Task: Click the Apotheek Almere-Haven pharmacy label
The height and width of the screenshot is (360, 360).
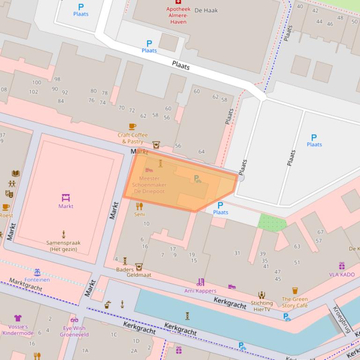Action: point(178,15)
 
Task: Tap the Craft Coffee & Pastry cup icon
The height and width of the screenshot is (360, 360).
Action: point(132,127)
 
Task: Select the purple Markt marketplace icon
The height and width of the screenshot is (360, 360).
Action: point(66,198)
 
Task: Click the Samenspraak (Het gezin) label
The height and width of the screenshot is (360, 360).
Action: point(64,246)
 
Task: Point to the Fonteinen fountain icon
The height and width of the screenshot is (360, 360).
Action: point(37,272)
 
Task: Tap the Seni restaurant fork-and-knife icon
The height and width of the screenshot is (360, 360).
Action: point(139,206)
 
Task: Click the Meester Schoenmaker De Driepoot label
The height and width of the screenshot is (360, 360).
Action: point(149,185)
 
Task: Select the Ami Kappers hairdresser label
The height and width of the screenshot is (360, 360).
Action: point(200,291)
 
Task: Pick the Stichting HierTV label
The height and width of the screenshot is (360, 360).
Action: point(262,306)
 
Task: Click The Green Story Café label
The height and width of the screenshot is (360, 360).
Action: point(294,302)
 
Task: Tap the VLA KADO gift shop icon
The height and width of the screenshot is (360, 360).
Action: point(342,266)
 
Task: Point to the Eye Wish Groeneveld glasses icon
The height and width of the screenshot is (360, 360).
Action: point(74,320)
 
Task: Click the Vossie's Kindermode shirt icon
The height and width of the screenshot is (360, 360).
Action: point(18,318)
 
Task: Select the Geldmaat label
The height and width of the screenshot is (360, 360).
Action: point(139,275)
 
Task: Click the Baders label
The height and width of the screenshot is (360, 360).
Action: point(125,269)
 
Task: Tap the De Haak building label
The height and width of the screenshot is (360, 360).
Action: point(206,10)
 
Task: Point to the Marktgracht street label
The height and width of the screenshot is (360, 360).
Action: point(26,284)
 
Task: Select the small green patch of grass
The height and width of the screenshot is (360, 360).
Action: point(272,223)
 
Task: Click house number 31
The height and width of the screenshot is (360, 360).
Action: point(237,253)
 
